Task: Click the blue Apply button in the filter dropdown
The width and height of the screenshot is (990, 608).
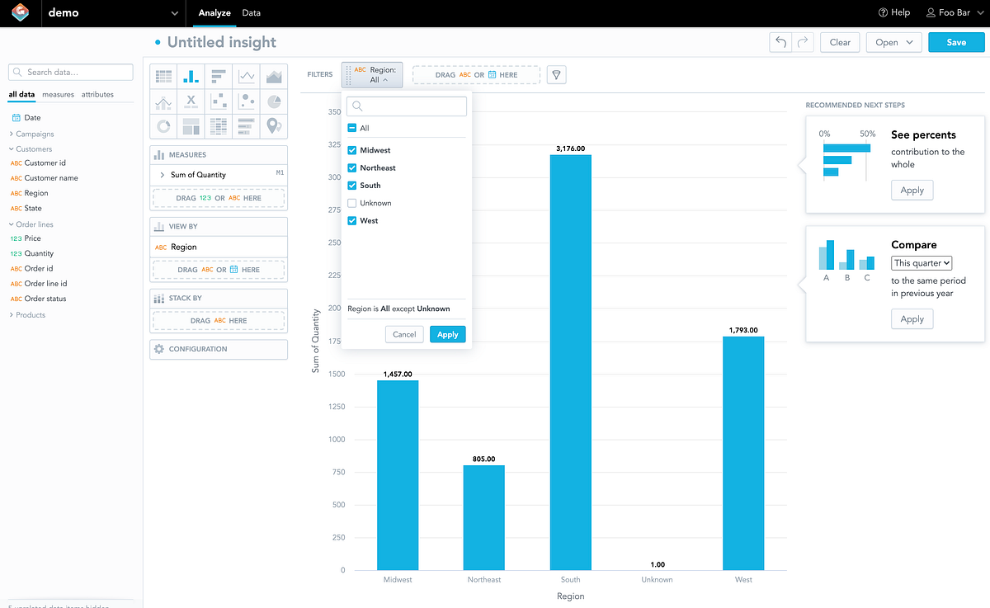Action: [448, 334]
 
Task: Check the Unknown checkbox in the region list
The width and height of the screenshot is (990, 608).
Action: [352, 203]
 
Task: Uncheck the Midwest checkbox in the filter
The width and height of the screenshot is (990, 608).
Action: [352, 150]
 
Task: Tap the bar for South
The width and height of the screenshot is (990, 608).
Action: [570, 362]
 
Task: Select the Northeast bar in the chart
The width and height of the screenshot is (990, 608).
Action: [483, 517]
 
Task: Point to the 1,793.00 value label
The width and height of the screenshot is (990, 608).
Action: [742, 330]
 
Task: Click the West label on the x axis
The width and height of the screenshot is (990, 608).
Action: [743, 579]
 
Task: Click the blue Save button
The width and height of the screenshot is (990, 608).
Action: [956, 42]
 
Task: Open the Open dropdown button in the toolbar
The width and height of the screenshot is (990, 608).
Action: [894, 42]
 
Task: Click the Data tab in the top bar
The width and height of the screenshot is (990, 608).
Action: [252, 13]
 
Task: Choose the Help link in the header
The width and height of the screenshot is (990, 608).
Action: [894, 13]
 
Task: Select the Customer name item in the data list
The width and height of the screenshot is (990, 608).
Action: [51, 178]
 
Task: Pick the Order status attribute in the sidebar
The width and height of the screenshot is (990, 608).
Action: [45, 299]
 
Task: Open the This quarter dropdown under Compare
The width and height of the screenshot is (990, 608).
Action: [922, 263]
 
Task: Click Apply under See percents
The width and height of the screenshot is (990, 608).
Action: [912, 191]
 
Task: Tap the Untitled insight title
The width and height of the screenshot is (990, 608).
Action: [221, 42]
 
